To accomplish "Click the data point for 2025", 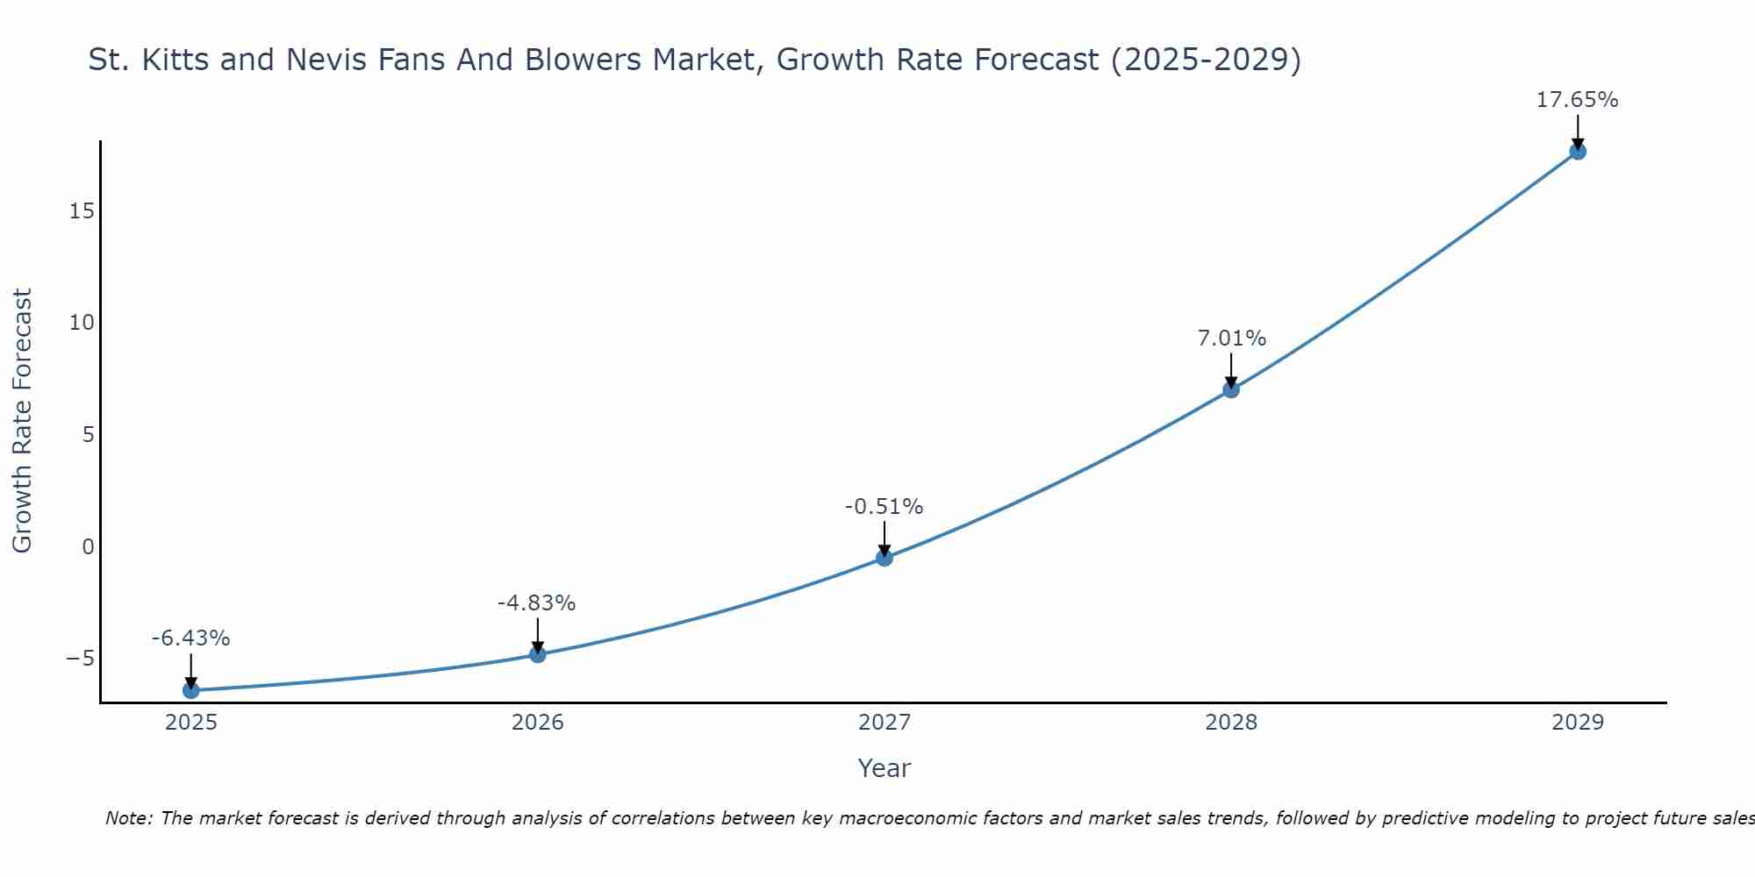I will pyautogui.click(x=190, y=690).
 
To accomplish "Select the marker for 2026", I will pyautogui.click(x=537, y=654).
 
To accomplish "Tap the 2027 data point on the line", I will pyautogui.click(x=884, y=558).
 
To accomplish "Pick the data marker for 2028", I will pyautogui.click(x=1230, y=389).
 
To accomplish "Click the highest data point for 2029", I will pyautogui.click(x=1577, y=152).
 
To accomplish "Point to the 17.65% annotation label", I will pyautogui.click(x=1577, y=100).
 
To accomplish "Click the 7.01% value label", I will pyautogui.click(x=1231, y=339).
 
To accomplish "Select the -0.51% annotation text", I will pyautogui.click(x=884, y=507).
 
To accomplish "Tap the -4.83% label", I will pyautogui.click(x=536, y=603).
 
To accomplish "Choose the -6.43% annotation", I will pyautogui.click(x=190, y=638).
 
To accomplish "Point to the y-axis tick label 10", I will pyautogui.click(x=82, y=323).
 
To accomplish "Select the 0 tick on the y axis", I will pyautogui.click(x=88, y=547).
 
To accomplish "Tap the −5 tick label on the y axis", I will pyautogui.click(x=80, y=659).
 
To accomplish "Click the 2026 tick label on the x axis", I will pyautogui.click(x=537, y=723).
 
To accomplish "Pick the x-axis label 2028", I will pyautogui.click(x=1230, y=723).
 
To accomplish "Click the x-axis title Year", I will pyautogui.click(x=884, y=768).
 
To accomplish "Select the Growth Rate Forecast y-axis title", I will pyautogui.click(x=22, y=421).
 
